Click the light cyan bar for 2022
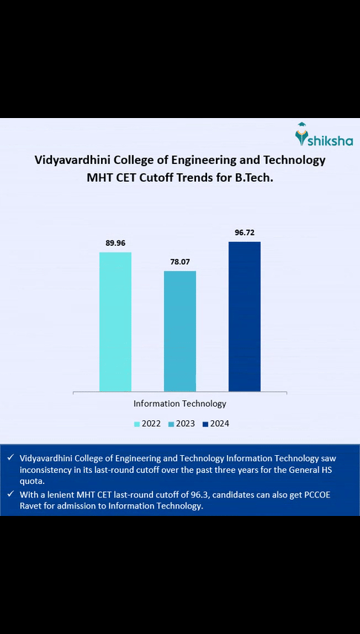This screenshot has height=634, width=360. tap(115, 321)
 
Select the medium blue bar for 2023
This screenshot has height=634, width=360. tap(180, 331)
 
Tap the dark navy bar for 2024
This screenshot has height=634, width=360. tap(244, 316)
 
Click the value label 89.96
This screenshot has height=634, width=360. tap(115, 243)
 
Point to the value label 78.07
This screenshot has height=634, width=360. tap(180, 261)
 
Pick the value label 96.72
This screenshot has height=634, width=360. tap(244, 232)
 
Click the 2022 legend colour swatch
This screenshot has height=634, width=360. tap(137, 424)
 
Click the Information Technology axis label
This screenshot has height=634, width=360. tap(180, 404)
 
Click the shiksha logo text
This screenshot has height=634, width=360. tap(331, 141)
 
